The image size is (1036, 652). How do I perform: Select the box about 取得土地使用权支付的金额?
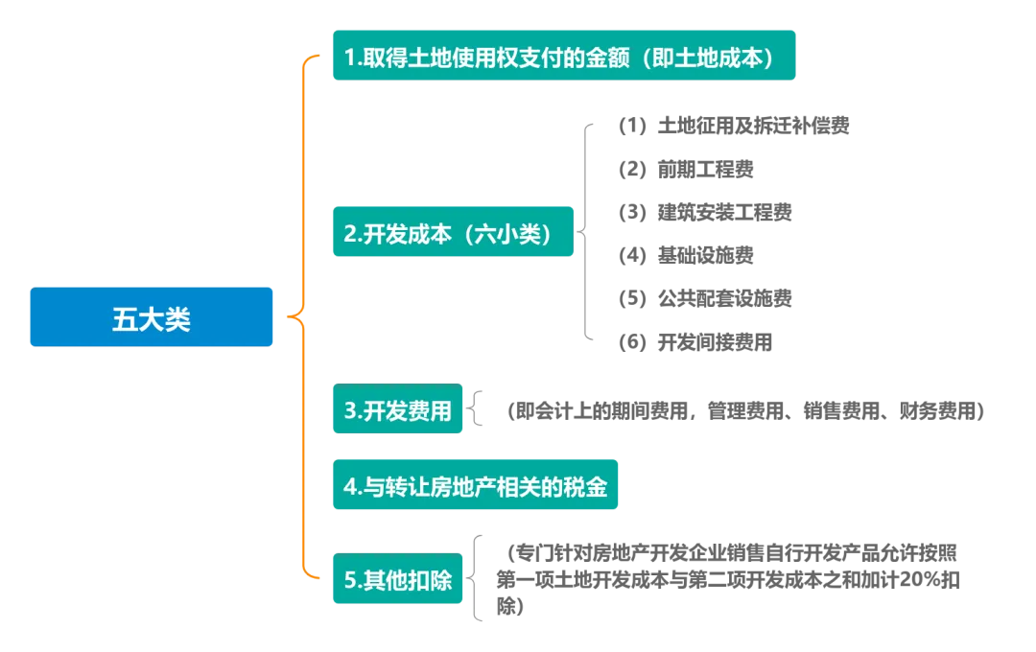(x=564, y=57)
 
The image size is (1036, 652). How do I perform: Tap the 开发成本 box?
(x=452, y=233)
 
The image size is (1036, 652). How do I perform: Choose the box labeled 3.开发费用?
(x=398, y=411)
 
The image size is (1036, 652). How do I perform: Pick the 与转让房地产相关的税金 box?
(x=475, y=485)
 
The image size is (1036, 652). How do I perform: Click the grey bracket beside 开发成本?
(x=587, y=233)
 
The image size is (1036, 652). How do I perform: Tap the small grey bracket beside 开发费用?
(x=477, y=410)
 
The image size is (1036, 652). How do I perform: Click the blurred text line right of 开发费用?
(x=746, y=411)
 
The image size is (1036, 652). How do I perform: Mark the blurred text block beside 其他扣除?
(x=729, y=570)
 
